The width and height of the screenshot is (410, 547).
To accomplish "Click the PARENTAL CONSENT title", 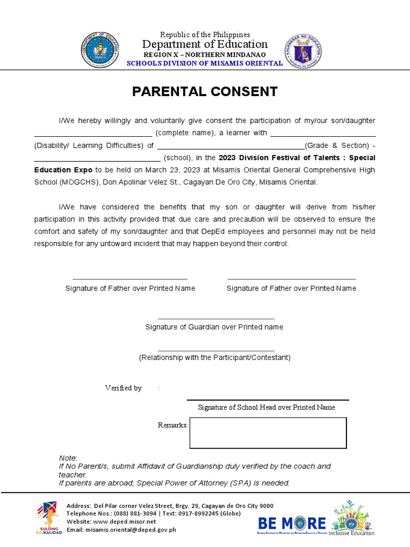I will (x=205, y=91).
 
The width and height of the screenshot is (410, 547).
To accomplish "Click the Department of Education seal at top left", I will (x=100, y=50).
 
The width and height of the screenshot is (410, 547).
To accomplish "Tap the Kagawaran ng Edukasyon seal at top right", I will (x=303, y=50).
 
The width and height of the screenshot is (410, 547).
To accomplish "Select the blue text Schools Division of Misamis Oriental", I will (x=204, y=64).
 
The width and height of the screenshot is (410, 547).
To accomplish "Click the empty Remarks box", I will (x=268, y=433).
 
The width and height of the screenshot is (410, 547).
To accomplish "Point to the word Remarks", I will (x=172, y=425).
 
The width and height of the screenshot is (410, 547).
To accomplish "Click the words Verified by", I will (x=123, y=388).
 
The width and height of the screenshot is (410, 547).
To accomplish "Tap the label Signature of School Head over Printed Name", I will (x=266, y=407).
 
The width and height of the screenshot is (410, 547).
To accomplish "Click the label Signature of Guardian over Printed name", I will (x=214, y=327).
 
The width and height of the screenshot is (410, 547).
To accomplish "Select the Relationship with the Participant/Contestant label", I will (x=215, y=357).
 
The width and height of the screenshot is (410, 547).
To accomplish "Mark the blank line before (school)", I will (x=97, y=158).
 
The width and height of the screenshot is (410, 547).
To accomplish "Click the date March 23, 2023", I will (x=168, y=170).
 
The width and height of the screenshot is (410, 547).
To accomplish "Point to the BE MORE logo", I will (x=291, y=522).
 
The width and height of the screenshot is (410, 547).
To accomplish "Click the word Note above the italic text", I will (x=67, y=458).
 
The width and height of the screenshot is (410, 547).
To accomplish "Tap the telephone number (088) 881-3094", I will (x=133, y=513).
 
